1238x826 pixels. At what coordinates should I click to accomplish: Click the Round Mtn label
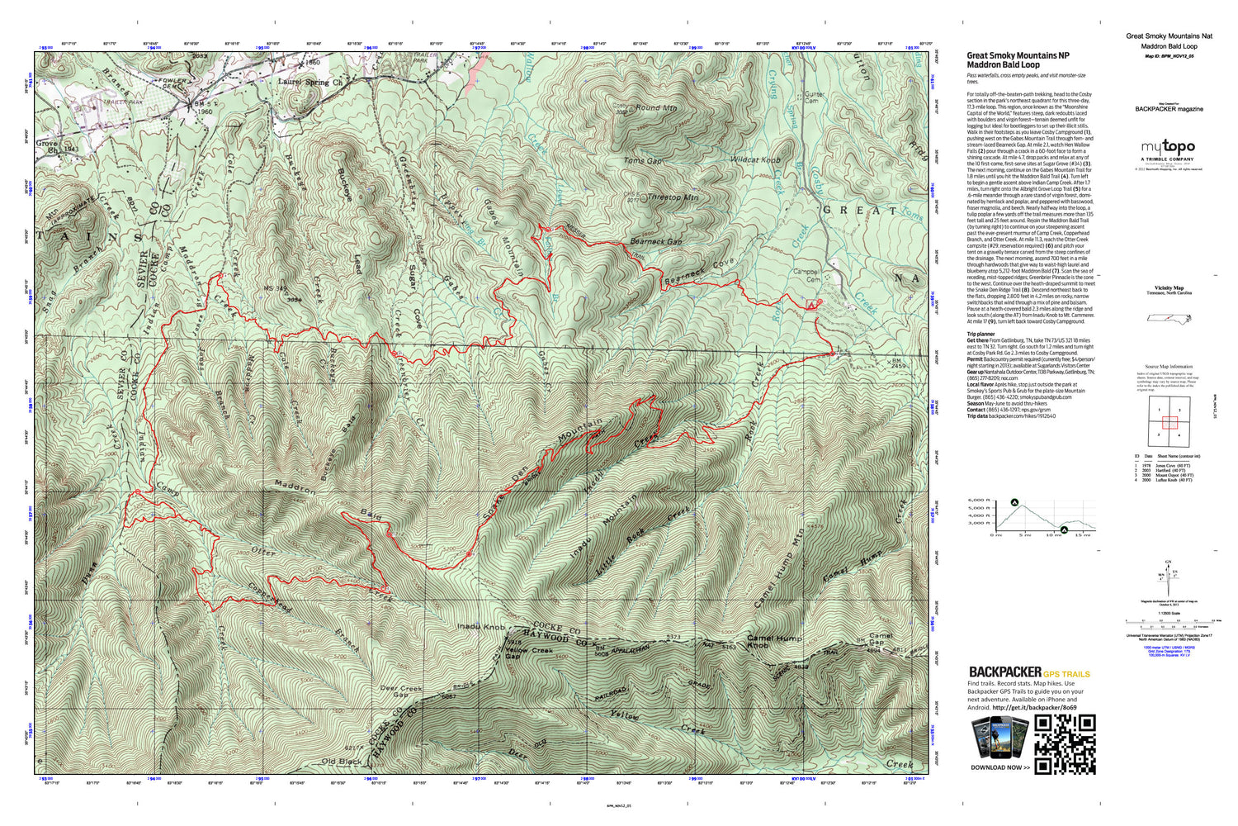(x=656, y=108)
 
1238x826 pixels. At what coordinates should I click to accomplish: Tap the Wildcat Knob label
(x=755, y=159)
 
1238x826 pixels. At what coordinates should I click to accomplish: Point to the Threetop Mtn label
(x=673, y=197)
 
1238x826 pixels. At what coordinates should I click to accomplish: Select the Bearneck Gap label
(x=656, y=242)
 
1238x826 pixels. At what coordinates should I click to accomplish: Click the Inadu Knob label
(x=480, y=628)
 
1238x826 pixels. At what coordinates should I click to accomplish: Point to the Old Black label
(x=341, y=761)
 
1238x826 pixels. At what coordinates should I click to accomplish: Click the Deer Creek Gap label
(x=400, y=691)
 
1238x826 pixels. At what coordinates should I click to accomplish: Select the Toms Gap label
(x=642, y=161)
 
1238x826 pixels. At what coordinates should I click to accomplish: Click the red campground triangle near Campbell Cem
(x=811, y=305)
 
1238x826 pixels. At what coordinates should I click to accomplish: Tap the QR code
(x=1065, y=744)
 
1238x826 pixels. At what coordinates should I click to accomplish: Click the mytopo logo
(x=1167, y=148)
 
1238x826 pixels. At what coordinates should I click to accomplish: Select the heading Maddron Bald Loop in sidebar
(x=1003, y=64)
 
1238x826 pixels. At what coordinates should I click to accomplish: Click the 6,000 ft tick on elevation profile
(x=978, y=501)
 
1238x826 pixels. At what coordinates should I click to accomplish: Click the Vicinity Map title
(x=1169, y=288)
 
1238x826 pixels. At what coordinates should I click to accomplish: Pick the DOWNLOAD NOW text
(x=1000, y=767)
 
